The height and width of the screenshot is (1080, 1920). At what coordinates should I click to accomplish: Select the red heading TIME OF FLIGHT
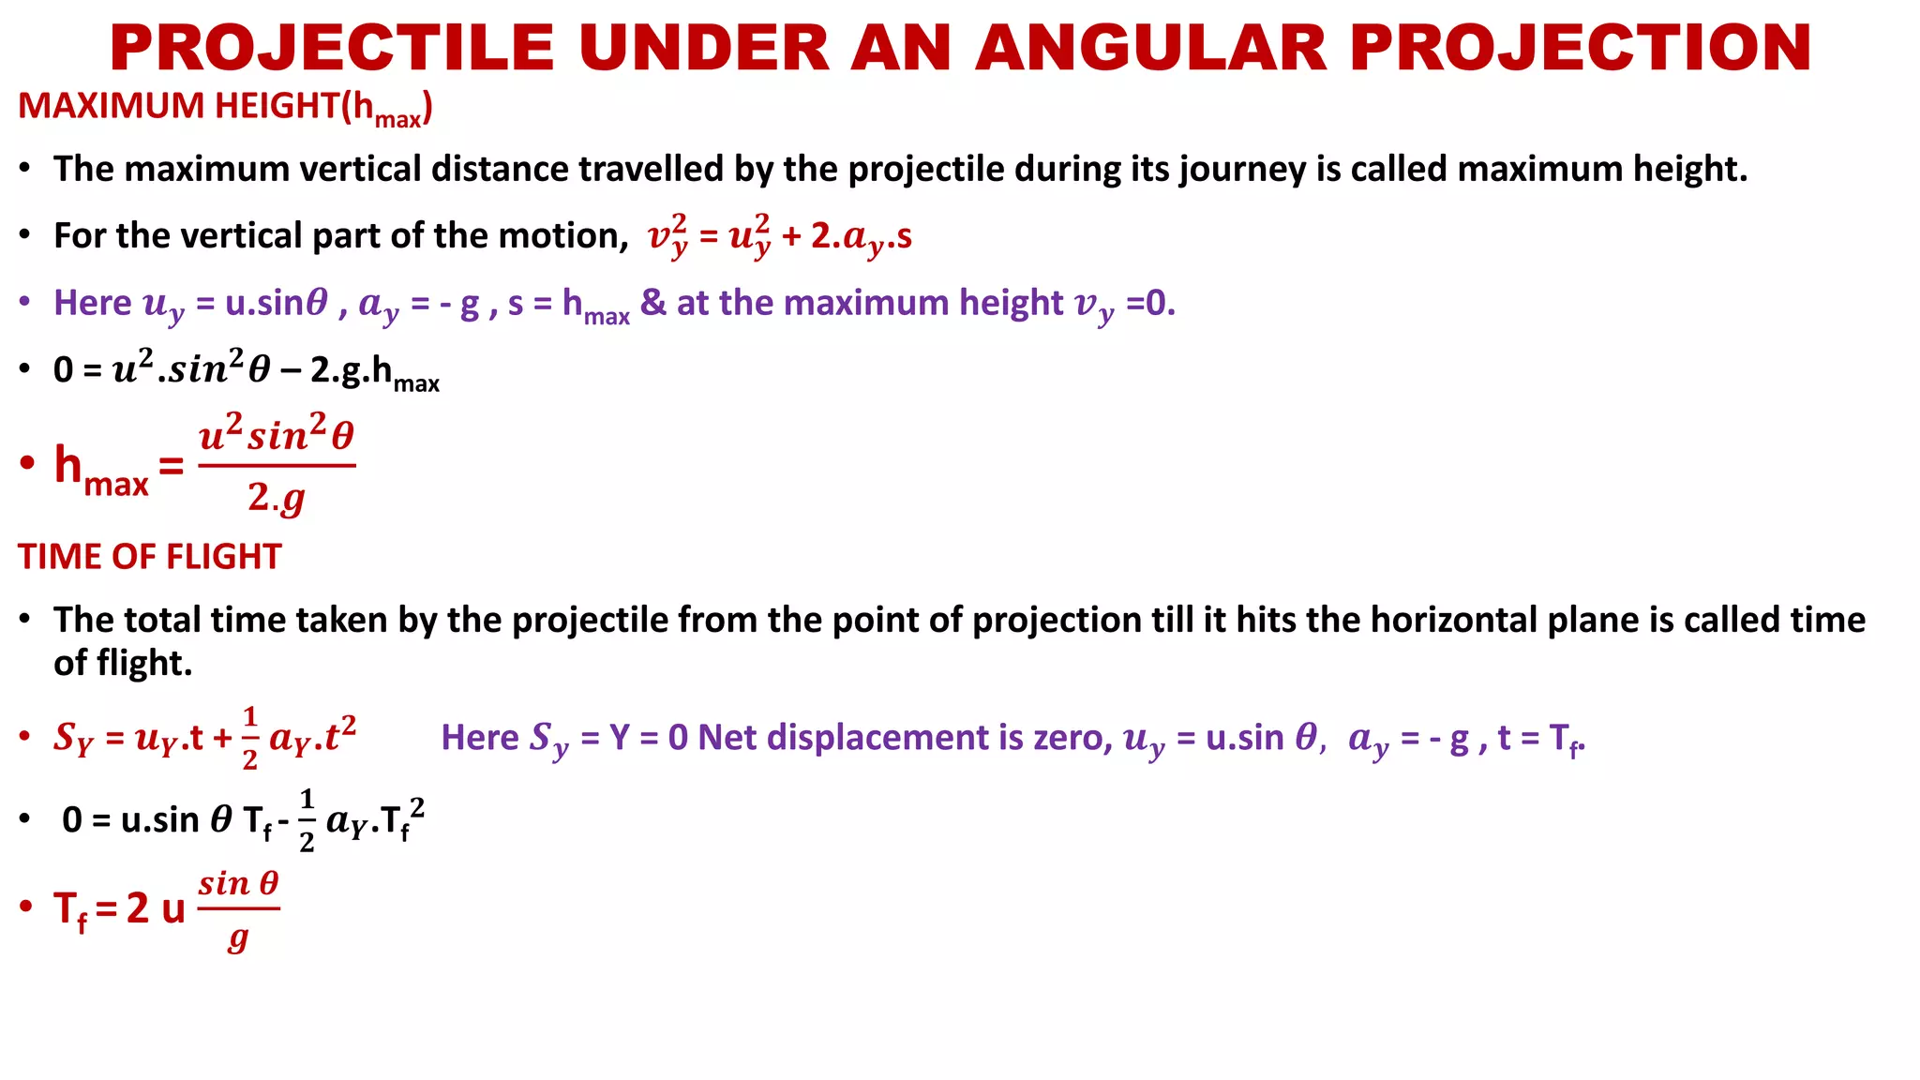pos(149,557)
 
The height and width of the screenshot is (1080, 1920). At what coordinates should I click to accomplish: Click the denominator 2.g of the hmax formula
pos(277,497)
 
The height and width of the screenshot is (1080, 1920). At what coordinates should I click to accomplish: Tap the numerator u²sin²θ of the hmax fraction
pos(277,436)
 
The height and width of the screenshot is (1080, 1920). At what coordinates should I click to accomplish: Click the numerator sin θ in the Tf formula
pos(239,883)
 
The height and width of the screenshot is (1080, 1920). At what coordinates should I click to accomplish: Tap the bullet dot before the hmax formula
pos(27,463)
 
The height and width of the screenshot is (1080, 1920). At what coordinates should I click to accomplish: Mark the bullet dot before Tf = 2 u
pos(27,907)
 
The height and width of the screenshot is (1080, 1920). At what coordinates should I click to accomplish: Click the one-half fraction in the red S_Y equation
pos(249,738)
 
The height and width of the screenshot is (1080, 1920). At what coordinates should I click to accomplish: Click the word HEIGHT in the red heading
pos(277,106)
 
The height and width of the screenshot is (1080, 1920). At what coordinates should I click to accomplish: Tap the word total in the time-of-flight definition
pos(163,621)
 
